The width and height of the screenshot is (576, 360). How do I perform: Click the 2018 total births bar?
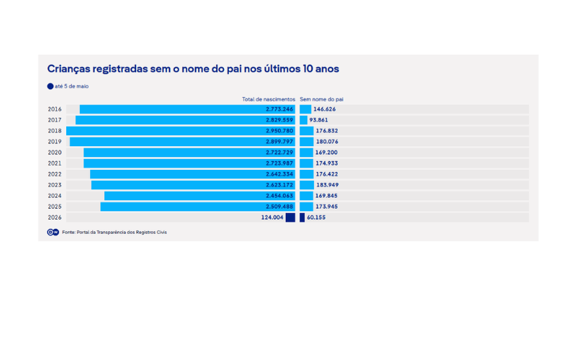click(181, 131)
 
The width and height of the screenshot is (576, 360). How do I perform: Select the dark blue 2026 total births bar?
click(290, 217)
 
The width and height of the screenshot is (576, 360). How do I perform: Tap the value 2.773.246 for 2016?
click(279, 109)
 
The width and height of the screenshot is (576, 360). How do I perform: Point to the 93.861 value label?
click(318, 120)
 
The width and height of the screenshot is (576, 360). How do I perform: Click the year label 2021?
click(55, 163)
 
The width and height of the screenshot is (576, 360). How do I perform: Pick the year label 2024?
click(55, 196)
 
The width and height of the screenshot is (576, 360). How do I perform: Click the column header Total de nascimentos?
click(269, 99)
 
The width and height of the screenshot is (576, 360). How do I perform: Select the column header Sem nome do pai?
click(321, 99)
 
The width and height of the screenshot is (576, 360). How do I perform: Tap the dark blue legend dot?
click(50, 86)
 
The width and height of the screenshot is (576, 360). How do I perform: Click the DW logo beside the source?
click(53, 232)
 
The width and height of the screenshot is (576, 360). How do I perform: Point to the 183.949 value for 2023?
click(328, 185)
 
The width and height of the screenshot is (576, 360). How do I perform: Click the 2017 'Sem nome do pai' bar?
click(303, 120)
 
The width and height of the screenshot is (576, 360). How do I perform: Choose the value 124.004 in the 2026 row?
click(272, 217)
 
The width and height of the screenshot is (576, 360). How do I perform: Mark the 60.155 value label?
click(316, 217)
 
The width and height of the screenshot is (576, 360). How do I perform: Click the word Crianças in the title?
click(68, 69)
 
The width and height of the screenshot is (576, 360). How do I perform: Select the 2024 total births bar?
click(199, 196)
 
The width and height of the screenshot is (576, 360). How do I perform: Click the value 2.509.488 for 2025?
click(279, 207)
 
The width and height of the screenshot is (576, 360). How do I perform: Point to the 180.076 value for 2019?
click(327, 141)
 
